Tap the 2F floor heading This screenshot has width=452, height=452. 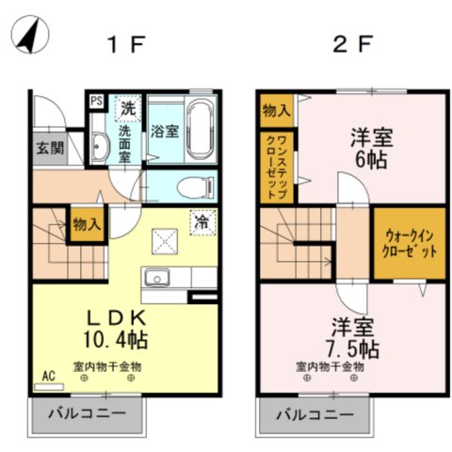click(351, 43)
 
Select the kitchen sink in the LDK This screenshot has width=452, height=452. click(156, 278)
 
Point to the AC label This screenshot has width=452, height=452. click(49, 375)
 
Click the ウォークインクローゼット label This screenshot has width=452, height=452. click(407, 247)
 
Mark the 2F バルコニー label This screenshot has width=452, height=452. click(314, 413)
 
